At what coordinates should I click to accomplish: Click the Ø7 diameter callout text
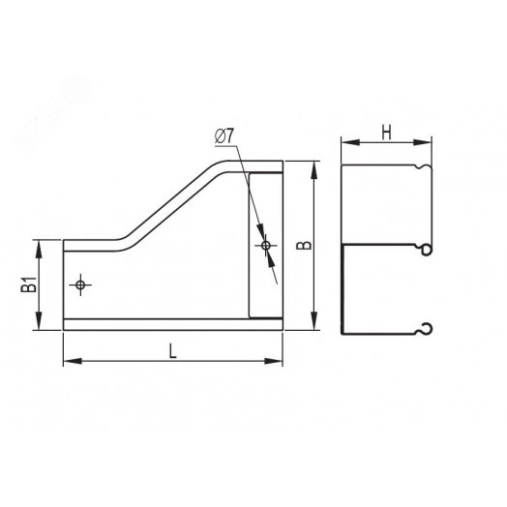pos(224,135)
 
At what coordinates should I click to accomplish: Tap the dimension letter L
pos(173,351)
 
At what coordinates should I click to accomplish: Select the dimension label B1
pos(29,284)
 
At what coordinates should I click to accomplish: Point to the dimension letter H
pos(386,133)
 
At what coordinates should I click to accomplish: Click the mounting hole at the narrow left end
pos(80,284)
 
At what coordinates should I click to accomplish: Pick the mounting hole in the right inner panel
pos(266,246)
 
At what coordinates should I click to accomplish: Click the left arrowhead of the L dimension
pos(73,361)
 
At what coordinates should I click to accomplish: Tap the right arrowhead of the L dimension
pos(274,361)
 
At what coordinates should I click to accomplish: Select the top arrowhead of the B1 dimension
pos(39,249)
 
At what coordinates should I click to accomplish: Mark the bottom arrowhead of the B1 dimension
pos(39,321)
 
